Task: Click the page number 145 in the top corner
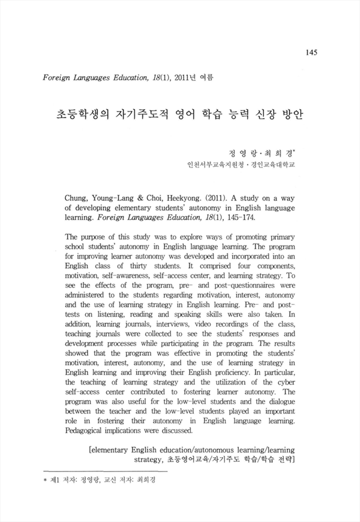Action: coord(311,52)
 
